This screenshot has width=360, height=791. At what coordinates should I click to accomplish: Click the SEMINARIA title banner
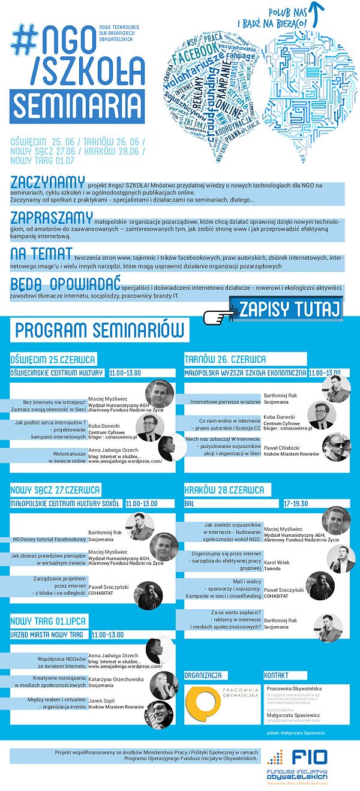click(76, 106)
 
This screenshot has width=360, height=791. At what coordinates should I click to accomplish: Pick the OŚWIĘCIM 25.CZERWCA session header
click(53, 360)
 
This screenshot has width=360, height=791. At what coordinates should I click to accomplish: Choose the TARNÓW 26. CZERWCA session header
click(226, 360)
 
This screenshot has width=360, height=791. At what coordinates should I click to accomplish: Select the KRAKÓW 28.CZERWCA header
click(224, 490)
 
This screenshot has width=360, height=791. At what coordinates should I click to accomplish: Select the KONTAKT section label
click(277, 675)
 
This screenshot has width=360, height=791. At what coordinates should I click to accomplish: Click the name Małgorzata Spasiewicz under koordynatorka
click(293, 715)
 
